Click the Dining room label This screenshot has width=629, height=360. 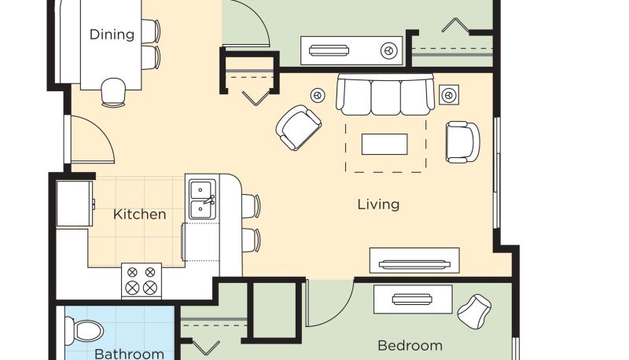tap(112, 35)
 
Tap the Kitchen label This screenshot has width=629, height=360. tap(140, 215)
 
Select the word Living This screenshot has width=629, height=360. tap(378, 205)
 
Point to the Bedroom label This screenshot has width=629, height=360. tap(410, 346)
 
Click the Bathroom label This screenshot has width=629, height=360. tap(129, 354)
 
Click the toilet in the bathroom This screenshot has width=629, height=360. tap(83, 331)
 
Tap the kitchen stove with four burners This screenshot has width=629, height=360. tap(142, 281)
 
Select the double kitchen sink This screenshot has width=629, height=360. tap(203, 200)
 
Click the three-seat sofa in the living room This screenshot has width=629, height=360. tap(385, 94)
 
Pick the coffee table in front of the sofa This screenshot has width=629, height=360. tap(384, 145)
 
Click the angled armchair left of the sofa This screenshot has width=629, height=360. tap(298, 127)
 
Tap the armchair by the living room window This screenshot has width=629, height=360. tap(462, 142)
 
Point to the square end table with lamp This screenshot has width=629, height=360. tap(449, 95)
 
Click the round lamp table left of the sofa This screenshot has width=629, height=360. tap(318, 95)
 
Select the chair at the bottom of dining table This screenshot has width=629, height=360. tap(113, 93)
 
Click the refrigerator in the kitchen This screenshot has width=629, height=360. tap(75, 204)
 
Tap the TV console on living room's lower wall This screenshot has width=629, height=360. tap(414, 261)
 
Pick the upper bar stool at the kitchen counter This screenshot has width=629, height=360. tap(251, 206)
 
